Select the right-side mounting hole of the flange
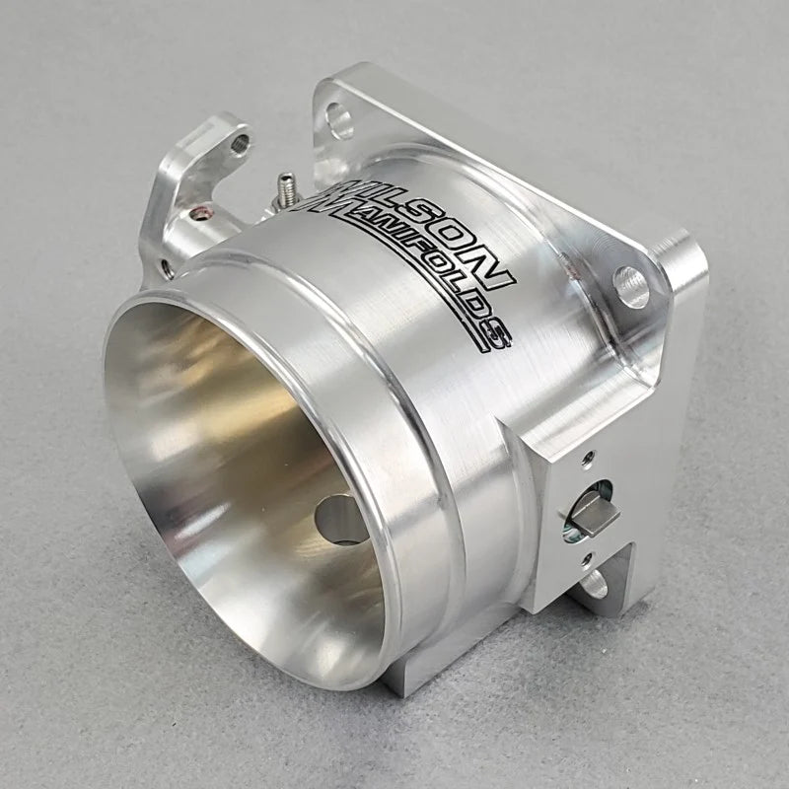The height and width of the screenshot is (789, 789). pos(630,287)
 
